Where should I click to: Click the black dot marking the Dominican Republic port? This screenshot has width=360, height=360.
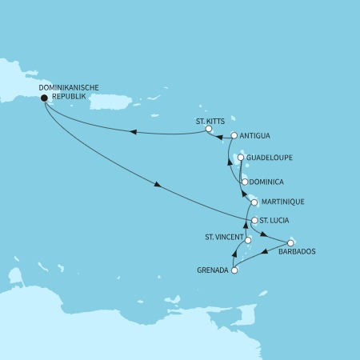coord(43,98)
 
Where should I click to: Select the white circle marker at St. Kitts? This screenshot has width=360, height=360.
coord(208,129)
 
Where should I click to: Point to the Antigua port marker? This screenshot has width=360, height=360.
coord(234,136)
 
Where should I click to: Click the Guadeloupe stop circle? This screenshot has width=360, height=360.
coord(240,159)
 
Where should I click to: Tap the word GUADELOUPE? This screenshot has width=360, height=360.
coord(272,159)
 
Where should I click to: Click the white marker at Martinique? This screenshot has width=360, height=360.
coord(254,202)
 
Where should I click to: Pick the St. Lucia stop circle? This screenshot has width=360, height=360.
coord(254,220)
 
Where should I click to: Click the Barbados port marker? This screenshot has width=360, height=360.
coord(290,242)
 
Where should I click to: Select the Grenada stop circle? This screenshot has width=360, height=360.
coord(234,270)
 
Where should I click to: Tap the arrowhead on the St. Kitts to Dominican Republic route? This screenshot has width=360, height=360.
coord(132,132)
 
